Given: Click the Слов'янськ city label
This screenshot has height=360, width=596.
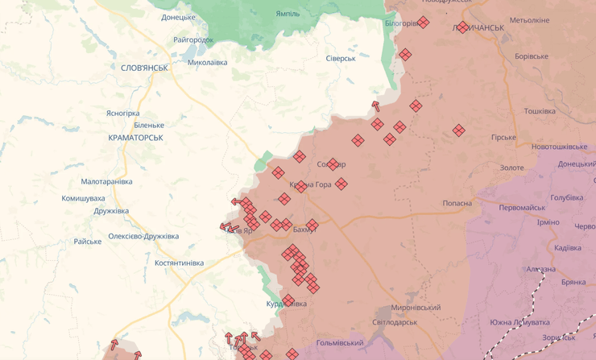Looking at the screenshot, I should (x=144, y=68).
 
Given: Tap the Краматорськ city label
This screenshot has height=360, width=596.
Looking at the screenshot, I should (x=135, y=138).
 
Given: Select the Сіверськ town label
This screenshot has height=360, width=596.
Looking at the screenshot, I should (x=341, y=59).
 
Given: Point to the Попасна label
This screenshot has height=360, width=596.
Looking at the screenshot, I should (x=457, y=203).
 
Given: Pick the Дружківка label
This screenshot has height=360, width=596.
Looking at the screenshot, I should (x=111, y=211).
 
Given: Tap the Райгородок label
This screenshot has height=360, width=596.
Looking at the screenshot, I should (x=193, y=39).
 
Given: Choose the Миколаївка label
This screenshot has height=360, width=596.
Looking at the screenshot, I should (x=207, y=62).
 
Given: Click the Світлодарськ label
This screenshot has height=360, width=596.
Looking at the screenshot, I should (x=395, y=322).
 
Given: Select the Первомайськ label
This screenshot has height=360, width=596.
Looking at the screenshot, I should (x=522, y=208).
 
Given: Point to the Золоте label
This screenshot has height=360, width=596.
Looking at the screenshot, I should (x=511, y=168).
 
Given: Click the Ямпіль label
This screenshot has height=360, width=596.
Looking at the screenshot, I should (x=288, y=14).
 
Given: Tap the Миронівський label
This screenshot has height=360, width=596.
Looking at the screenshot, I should (x=416, y=308).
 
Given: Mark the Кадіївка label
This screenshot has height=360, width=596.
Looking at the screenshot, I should (x=568, y=247).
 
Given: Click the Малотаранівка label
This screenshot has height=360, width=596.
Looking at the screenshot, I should (x=106, y=182).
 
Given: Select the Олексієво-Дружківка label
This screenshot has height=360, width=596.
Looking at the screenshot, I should (x=143, y=236).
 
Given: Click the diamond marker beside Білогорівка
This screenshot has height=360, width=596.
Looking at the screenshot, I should (x=423, y=23).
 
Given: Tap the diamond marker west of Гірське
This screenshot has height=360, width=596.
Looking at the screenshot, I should (x=458, y=130).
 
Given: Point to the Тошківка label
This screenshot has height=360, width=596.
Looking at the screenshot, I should (x=540, y=111).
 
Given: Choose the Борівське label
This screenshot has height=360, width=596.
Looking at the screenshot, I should (x=532, y=56).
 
